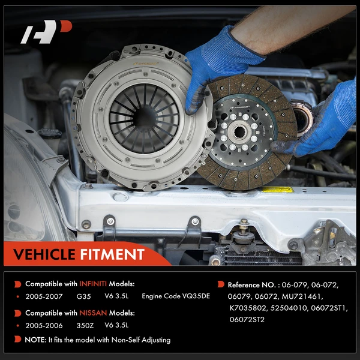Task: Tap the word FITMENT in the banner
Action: coord(112,254)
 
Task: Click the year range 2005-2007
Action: coord(44,296)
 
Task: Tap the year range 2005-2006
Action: coord(44,326)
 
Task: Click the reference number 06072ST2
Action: coord(247,320)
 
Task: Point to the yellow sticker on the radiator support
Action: coord(277,190)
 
